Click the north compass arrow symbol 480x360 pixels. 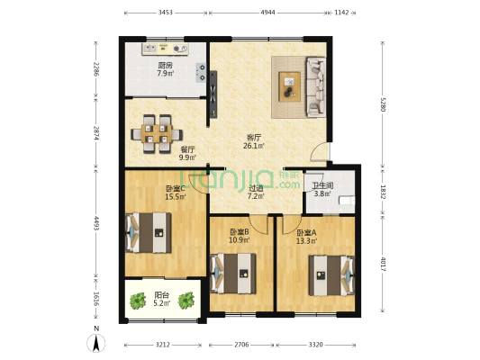coord(97,341)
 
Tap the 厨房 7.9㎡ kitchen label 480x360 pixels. coord(165,69)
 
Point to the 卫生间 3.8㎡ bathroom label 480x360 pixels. coord(323,190)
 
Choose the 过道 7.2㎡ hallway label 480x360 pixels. coord(255,192)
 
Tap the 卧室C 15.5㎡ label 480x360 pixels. coord(175,193)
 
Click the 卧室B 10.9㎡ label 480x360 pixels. coord(239,236)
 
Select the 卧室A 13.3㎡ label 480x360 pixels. coord(306,236)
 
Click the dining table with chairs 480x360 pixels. coord(157,130)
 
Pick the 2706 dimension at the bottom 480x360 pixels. coord(241,344)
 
